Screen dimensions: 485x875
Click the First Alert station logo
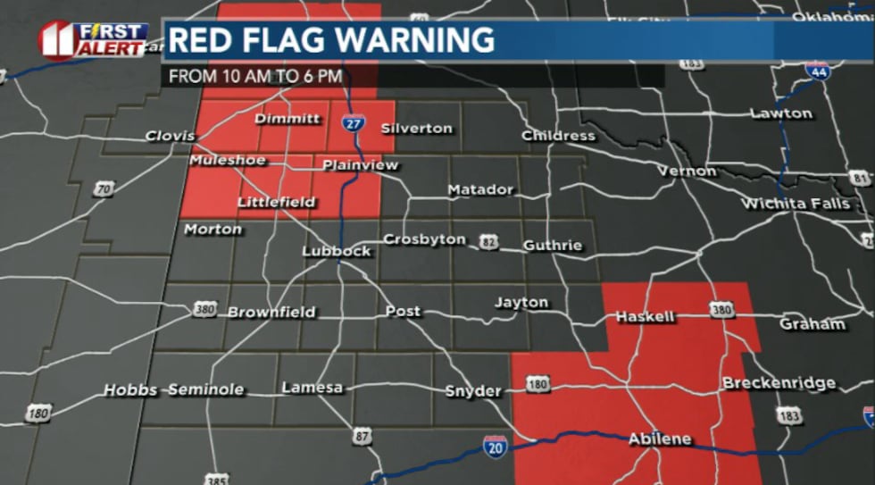coord(93,40)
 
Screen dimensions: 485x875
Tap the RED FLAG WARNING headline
coord(331,41)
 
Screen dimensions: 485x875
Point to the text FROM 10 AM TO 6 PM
coord(255,76)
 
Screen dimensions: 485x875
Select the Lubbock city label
coord(336,251)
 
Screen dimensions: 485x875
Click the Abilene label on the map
coord(660,439)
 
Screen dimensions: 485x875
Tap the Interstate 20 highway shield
coord(496,447)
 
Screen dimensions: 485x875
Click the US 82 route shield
coord(488,242)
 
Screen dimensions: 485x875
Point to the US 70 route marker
coord(104,188)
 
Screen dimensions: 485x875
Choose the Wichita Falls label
coord(796,204)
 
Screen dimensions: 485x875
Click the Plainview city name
coord(360,165)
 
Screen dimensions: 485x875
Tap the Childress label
coord(558,136)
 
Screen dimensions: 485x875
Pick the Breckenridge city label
coord(779,383)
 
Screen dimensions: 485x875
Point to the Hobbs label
coord(131,390)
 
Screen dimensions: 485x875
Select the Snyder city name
coord(473,391)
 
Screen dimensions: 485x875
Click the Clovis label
coord(171,136)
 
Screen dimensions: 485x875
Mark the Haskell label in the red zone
coord(645,317)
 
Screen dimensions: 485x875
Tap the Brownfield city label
coord(271,313)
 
